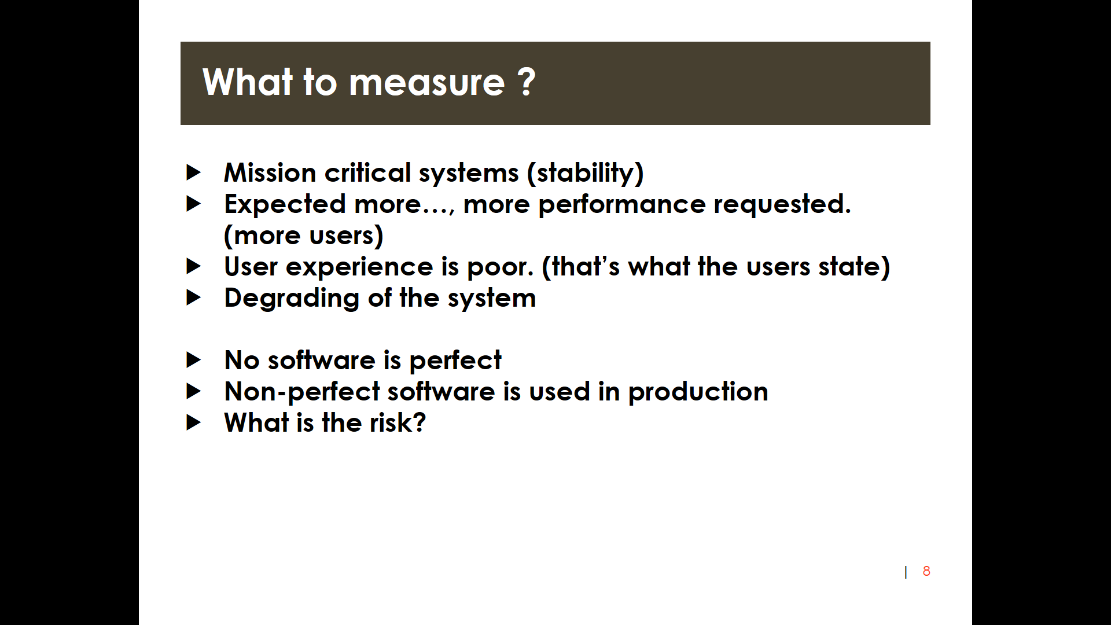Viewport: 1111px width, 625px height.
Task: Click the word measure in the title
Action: click(x=427, y=82)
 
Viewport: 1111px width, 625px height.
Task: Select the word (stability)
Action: click(x=585, y=173)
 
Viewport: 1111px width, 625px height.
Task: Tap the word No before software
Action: click(x=242, y=361)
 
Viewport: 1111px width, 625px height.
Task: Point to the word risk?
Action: click(x=398, y=422)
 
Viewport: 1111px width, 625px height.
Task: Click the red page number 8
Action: click(x=926, y=571)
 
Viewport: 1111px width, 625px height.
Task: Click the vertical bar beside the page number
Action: click(x=906, y=572)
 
